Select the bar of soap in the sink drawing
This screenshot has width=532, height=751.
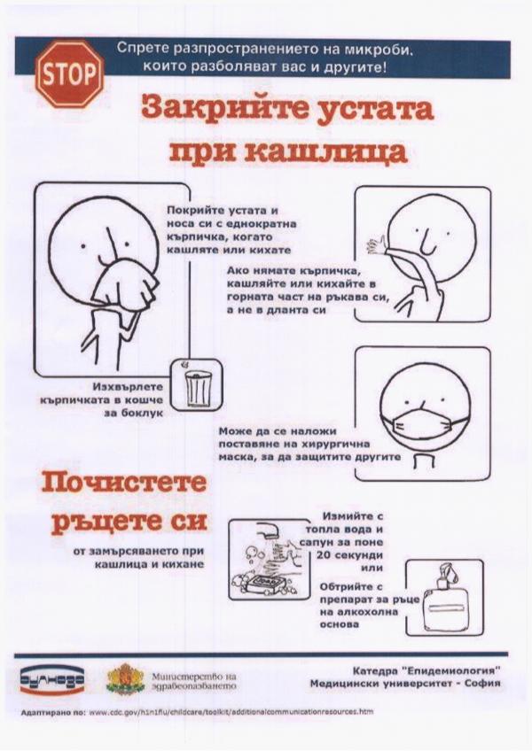pos(265,581)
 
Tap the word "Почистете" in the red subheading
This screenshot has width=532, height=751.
pos(124,484)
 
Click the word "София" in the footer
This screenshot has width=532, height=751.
pos(481,683)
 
